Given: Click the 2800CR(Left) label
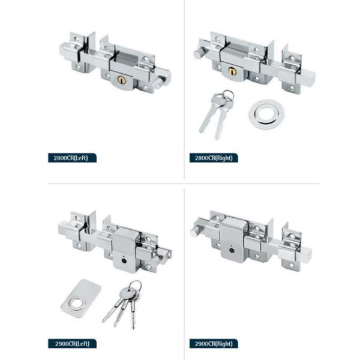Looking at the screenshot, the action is (72, 158).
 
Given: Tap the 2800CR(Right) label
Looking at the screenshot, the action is (214, 158).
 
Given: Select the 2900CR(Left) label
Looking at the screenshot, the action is (72, 343).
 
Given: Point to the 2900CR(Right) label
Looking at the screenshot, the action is (214, 343).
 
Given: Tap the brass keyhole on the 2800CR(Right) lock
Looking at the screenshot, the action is (232, 71).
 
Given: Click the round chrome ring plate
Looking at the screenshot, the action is (266, 114).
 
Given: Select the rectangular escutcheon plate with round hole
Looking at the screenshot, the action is (81, 298).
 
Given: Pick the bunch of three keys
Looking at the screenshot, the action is (123, 304).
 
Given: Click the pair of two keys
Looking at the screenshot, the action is (216, 113).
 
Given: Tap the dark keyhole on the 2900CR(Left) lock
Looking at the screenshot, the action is (124, 261).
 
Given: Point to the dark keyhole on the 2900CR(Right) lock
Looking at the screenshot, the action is (231, 250).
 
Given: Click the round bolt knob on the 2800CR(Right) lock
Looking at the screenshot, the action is (199, 53).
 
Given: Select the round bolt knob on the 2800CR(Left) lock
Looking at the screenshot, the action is (158, 83).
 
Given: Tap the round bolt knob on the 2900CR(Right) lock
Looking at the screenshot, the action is (196, 231).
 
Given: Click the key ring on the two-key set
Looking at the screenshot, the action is (228, 95).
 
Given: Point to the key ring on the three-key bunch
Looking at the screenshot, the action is (135, 286).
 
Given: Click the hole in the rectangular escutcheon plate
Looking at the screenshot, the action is (76, 304).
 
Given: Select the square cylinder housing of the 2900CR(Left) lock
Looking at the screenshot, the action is (125, 250).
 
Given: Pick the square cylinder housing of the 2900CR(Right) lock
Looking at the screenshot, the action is (234, 239).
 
